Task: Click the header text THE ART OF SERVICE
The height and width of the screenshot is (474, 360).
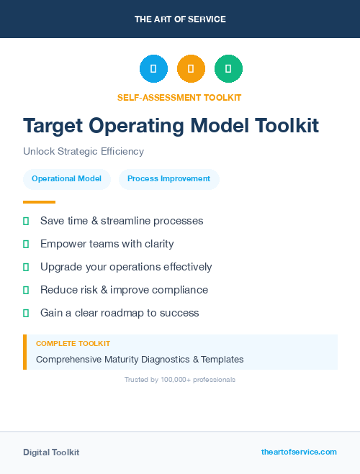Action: click(180, 19)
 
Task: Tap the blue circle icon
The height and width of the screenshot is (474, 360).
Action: click(153, 68)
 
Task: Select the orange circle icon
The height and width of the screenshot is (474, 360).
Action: click(191, 68)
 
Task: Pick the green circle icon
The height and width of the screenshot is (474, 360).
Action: click(228, 68)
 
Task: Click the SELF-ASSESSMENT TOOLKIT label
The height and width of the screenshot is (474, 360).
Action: click(179, 97)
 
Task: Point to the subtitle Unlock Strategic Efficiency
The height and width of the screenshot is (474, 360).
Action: click(84, 152)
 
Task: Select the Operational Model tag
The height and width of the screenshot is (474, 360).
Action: click(66, 179)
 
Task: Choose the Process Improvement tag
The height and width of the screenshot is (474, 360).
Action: click(168, 179)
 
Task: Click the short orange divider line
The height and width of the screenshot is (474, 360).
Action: click(39, 202)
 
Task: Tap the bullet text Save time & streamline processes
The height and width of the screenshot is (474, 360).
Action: click(122, 221)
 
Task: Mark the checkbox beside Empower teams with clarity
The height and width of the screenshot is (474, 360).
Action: click(26, 244)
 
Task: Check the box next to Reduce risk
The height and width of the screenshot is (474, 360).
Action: click(26, 290)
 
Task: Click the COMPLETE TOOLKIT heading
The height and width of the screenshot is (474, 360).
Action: click(73, 344)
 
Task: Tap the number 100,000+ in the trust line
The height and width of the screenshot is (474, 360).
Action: click(171, 379)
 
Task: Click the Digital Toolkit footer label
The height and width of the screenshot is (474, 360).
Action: click(51, 452)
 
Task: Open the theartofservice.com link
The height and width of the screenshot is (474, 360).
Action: click(299, 452)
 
